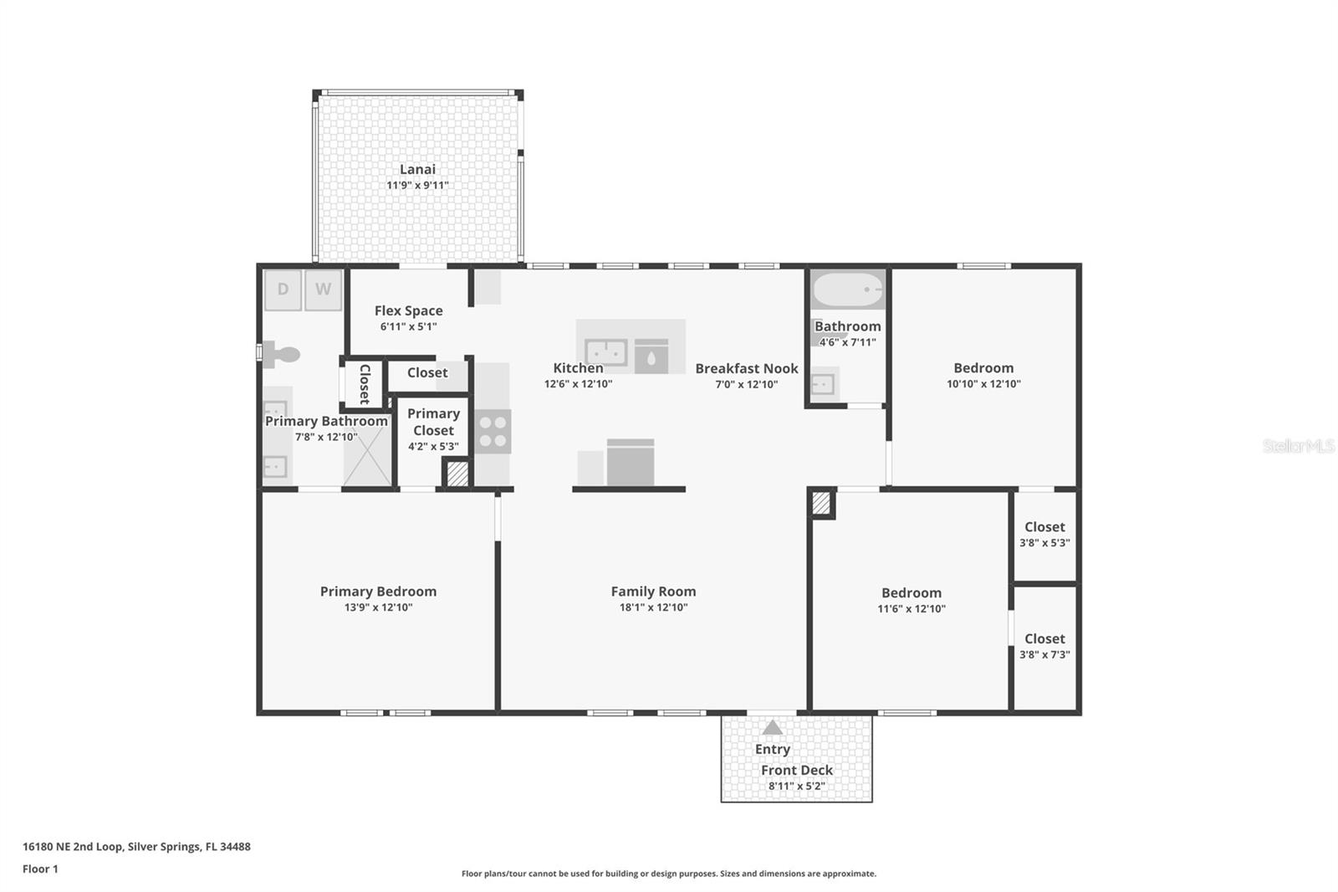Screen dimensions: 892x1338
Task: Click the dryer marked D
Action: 283,290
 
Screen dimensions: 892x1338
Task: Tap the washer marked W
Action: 323,290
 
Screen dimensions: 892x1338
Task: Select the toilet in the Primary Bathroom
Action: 282,355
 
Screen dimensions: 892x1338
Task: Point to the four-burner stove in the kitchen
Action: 493,432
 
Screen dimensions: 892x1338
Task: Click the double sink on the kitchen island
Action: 606,352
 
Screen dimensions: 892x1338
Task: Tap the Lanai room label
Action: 417,169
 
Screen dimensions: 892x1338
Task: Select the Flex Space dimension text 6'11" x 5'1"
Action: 408,327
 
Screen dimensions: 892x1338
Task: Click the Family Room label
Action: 653,591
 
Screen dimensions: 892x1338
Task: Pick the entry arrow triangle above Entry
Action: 772,728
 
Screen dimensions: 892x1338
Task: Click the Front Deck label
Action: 796,770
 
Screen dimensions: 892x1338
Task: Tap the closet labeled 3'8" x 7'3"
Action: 1044,646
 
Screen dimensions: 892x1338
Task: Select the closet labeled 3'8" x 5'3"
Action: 1044,534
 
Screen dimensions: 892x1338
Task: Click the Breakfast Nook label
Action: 746,368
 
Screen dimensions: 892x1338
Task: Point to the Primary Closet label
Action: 433,422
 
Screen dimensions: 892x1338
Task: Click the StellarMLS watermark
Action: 1298,446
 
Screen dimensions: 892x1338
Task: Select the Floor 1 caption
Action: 40,869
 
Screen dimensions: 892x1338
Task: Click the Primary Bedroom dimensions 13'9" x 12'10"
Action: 378,607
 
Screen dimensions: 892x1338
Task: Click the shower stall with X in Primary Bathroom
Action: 367,460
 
